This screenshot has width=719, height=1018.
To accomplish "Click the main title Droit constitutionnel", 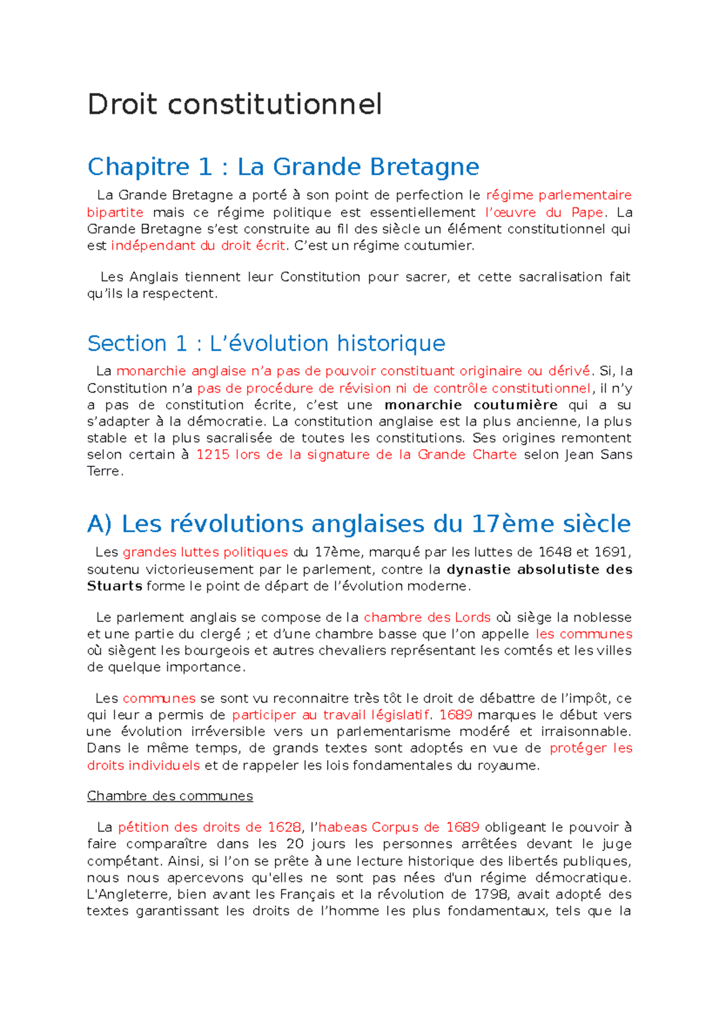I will coord(234,104).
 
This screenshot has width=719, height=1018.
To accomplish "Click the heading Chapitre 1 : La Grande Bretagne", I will coord(283,167).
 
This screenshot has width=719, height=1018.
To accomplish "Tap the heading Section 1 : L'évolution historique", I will coord(266,344).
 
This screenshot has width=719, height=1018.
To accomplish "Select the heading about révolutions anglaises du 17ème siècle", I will coord(358,524).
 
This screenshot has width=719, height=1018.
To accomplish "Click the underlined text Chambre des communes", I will coord(170,796).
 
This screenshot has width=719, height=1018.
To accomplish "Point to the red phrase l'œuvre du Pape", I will coord(543,212).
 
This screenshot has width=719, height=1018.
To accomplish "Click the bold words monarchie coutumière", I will coord(471,405).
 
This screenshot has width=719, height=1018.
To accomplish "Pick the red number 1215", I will coord(213,454).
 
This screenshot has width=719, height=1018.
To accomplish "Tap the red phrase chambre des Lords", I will coord(427,618).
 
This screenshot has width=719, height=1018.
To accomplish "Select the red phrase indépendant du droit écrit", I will coord(198,246).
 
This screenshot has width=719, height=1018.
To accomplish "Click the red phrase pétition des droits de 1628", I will coord(209,827).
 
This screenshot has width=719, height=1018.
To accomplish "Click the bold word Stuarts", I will coord(114,586).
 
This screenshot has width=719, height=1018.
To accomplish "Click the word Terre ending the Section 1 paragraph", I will coord(104,471).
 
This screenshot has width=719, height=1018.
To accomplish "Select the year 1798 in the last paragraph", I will coord(490,894).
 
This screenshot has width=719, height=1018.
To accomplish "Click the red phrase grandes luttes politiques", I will coord(205,552).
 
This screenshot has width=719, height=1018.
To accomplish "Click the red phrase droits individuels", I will coord(143,766).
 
